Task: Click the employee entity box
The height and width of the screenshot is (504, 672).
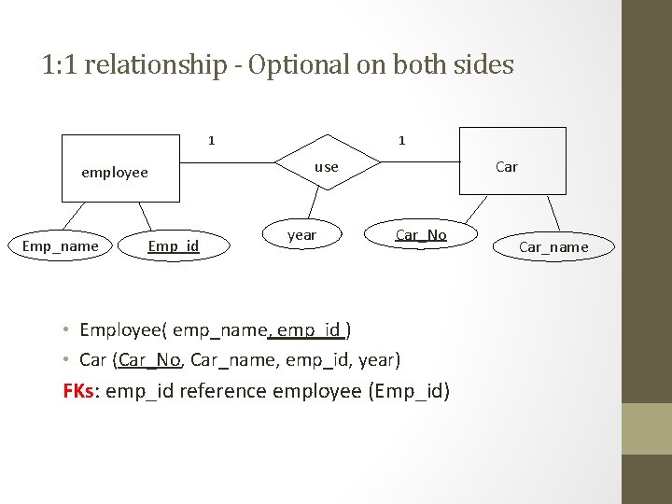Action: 119,169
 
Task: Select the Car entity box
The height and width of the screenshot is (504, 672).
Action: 511,161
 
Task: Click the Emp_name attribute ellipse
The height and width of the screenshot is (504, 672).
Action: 60,246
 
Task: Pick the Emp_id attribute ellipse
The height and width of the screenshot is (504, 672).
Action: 174,246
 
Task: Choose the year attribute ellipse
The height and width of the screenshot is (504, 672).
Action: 301,235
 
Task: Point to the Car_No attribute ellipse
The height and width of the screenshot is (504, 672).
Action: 421,235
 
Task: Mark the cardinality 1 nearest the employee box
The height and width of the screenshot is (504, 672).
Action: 212,141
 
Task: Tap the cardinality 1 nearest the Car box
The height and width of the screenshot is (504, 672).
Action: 401,141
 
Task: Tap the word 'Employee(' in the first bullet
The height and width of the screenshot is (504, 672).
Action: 123,329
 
